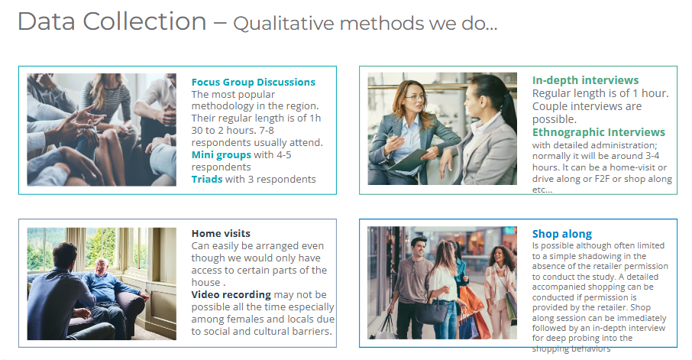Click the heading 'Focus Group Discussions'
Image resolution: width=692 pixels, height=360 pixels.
pos(254,82)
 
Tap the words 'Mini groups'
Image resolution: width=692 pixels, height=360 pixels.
pos(221,155)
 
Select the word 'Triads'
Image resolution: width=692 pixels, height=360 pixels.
pos(206,180)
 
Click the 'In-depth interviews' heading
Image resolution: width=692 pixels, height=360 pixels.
pos(585,80)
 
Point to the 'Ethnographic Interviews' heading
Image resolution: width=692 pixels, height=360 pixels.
pos(599,132)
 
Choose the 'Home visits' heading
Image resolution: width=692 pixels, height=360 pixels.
pos(221,234)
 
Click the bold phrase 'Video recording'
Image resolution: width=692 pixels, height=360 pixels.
pos(231,294)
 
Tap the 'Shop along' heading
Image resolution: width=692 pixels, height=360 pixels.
pos(562,234)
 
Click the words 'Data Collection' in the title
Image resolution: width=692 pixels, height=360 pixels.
pos(112,21)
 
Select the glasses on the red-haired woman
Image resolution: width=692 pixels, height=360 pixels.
pos(416,97)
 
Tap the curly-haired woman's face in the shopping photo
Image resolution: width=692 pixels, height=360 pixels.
pos(500,257)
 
